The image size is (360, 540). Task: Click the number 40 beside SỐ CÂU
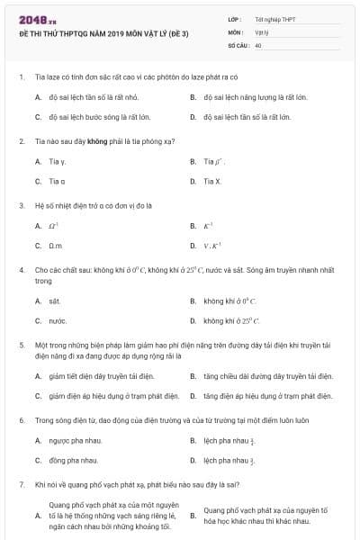click(x=258, y=44)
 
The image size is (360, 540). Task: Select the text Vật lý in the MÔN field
click(x=262, y=31)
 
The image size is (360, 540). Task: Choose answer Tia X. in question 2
click(x=211, y=181)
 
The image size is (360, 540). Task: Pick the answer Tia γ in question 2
click(x=58, y=161)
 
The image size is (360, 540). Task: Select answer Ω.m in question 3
click(x=56, y=245)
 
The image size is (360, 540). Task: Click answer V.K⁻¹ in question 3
click(x=212, y=245)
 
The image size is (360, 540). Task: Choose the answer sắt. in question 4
click(x=55, y=301)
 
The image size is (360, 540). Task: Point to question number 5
click(x=21, y=345)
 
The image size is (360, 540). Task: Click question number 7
click(x=21, y=484)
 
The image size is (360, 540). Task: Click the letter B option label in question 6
click(x=193, y=440)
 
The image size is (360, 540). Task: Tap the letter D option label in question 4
click(x=193, y=320)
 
